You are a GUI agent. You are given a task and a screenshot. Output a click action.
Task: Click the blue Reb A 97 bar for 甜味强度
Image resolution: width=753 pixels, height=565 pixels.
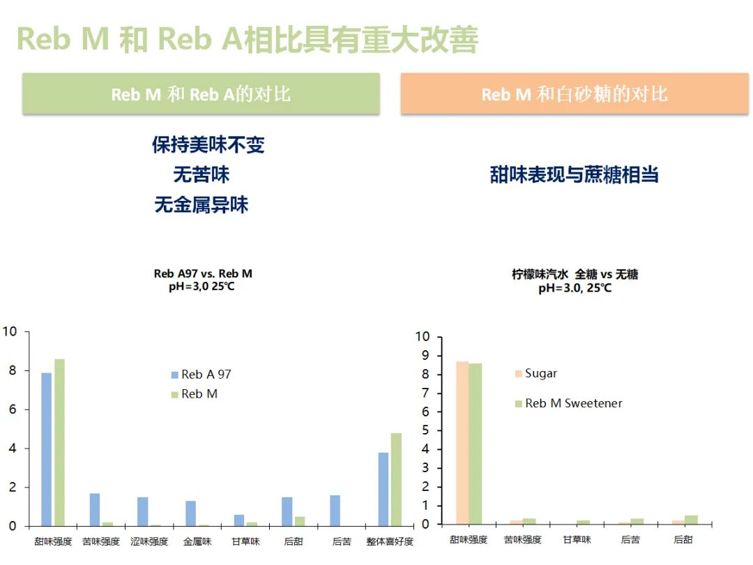pyautogui.click(x=46, y=449)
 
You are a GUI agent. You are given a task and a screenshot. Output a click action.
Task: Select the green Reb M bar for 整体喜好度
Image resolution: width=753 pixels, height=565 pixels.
pyautogui.click(x=396, y=479)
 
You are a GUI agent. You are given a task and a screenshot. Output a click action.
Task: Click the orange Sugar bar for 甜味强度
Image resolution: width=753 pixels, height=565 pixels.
pyautogui.click(x=462, y=442)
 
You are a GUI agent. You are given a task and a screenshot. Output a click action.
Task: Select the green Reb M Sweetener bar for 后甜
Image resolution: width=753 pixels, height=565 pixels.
pyautogui.click(x=691, y=520)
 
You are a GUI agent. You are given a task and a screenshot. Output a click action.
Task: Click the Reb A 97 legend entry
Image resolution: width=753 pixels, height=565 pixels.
pyautogui.click(x=201, y=375)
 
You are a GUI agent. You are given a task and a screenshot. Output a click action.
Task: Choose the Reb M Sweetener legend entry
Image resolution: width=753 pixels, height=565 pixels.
pyautogui.click(x=568, y=403)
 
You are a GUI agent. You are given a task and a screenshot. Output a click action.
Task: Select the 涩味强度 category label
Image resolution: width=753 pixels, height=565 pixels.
pyautogui.click(x=149, y=541)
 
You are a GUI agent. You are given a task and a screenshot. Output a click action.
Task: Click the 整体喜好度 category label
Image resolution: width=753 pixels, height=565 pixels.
pyautogui.click(x=390, y=541)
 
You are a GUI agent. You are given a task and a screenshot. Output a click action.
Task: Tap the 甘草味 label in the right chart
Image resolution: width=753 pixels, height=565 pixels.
pyautogui.click(x=577, y=540)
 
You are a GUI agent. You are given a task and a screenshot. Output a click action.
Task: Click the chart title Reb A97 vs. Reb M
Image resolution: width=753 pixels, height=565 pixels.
pyautogui.click(x=203, y=273)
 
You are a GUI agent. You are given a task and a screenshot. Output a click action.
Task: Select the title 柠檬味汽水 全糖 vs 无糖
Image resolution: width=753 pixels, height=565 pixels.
pyautogui.click(x=575, y=275)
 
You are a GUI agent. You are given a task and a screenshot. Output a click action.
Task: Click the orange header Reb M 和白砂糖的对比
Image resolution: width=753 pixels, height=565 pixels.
pyautogui.click(x=575, y=94)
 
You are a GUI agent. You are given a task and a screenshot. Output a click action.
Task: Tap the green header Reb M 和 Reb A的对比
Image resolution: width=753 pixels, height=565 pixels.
pyautogui.click(x=201, y=94)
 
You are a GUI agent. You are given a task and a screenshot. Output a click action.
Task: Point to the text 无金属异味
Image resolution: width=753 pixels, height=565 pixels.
pyautogui.click(x=201, y=205)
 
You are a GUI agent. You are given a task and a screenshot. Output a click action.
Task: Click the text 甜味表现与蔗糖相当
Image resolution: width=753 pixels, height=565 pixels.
pyautogui.click(x=575, y=174)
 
